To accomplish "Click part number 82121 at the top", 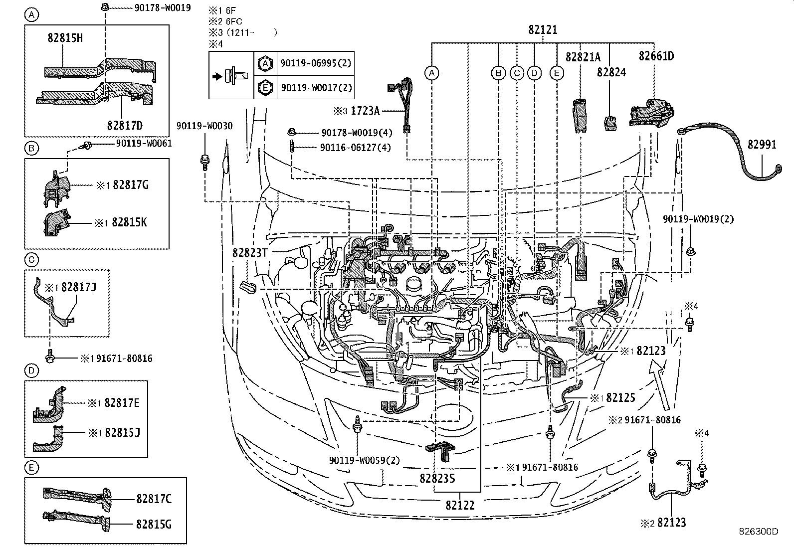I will [x=543, y=30].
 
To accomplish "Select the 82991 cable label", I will [x=762, y=145].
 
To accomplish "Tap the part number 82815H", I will [x=65, y=38].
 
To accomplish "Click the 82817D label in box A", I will [x=124, y=126].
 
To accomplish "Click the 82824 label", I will [x=611, y=73].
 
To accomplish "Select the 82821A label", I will [x=583, y=57].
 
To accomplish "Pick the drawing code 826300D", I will [x=759, y=532].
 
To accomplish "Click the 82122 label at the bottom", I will [x=460, y=505].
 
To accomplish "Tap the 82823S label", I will [x=437, y=478].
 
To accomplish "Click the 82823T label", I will [x=250, y=253].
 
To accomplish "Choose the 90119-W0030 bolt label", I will [x=204, y=127].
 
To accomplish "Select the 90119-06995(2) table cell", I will [x=316, y=63].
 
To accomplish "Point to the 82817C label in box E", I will [x=154, y=498].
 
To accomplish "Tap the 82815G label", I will [x=154, y=524].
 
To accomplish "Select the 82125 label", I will [x=619, y=398].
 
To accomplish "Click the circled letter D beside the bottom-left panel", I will [x=31, y=370].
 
